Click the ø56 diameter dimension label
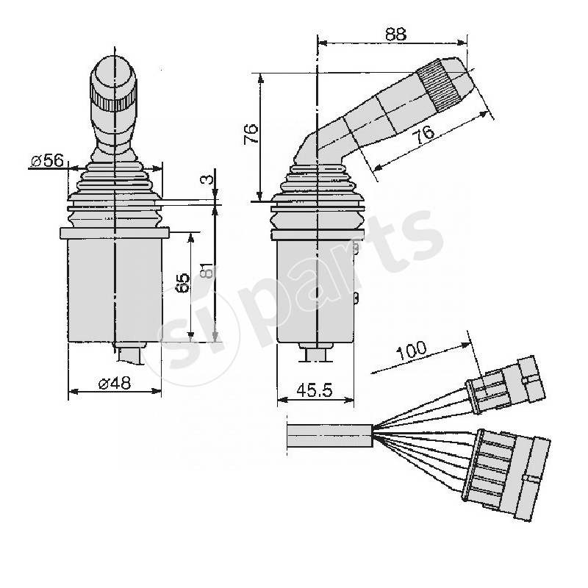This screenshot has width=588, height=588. tap(48, 161)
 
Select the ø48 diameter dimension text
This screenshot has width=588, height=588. tap(114, 382)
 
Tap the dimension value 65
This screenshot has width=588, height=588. tap(184, 283)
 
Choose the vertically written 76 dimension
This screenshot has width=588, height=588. tap(251, 132)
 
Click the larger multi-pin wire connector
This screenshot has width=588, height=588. tap(507, 474)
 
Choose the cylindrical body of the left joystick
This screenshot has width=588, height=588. tap(114, 290)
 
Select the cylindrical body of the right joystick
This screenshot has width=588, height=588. tap(315, 290)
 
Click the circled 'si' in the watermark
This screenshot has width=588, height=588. tap(180, 338)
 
